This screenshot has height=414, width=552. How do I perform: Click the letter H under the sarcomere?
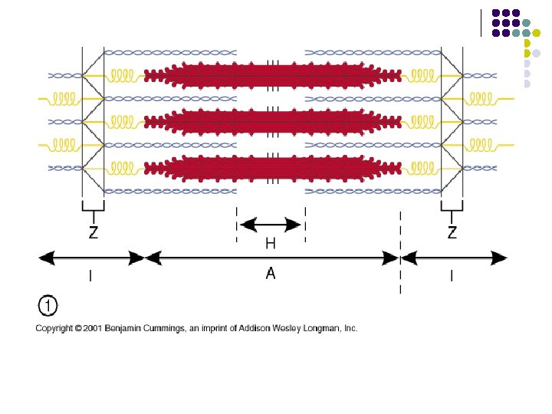(271, 243)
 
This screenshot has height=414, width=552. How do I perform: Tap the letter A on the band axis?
(271, 273)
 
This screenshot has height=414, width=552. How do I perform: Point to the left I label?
(90, 277)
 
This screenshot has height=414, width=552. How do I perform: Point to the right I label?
(452, 277)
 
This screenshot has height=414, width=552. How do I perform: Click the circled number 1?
(48, 307)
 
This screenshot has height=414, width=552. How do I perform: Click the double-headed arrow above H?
(271, 225)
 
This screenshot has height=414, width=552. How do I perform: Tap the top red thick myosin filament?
(272, 75)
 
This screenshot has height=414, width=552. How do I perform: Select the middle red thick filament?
(272, 121)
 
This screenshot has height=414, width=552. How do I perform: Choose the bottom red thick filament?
(272, 167)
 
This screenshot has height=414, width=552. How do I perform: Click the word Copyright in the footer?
(53, 328)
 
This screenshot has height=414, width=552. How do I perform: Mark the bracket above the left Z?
(93, 208)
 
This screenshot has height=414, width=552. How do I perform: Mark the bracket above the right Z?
(452, 208)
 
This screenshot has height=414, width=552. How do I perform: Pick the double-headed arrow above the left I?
(91, 258)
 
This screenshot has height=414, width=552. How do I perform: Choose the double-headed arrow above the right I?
(454, 258)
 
